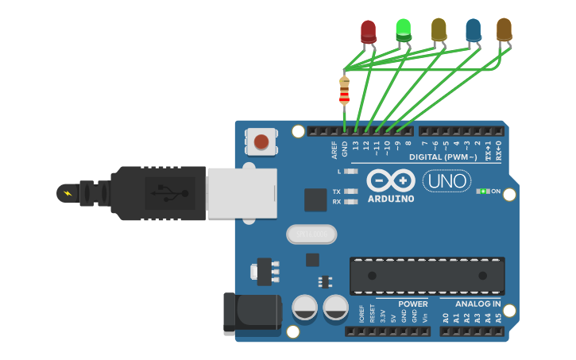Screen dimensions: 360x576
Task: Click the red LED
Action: tap(368, 31)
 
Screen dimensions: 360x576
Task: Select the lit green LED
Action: tap(404, 29)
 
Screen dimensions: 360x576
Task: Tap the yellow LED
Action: tap(439, 29)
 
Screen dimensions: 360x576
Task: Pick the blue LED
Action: tap(474, 30)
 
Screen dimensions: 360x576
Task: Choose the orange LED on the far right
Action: tap(504, 29)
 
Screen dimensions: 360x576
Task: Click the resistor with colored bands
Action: tap(344, 90)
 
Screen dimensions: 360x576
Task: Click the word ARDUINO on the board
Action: tap(391, 199)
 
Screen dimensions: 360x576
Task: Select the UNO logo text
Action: tap(446, 181)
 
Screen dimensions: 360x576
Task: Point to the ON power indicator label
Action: tap(496, 192)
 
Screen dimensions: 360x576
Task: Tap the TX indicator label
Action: tap(337, 192)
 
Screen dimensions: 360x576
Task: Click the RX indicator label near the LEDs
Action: tap(337, 202)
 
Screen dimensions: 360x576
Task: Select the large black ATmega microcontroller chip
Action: tap(427, 276)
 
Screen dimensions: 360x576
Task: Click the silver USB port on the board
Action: tap(242, 193)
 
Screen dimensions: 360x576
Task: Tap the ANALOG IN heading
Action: tap(477, 304)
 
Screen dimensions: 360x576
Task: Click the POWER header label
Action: tap(413, 304)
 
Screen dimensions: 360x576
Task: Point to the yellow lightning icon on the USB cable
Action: tap(68, 193)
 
